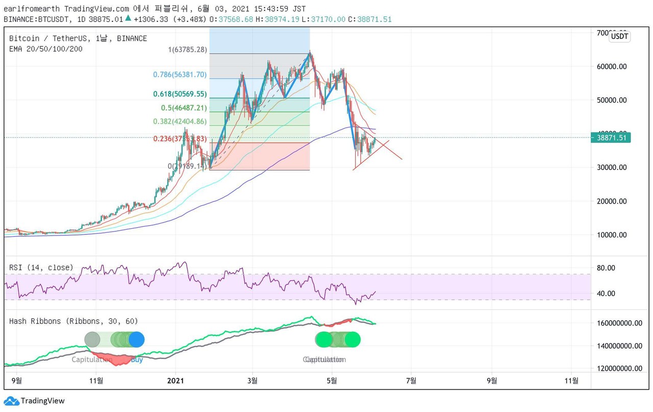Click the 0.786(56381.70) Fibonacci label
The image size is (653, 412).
click(x=180, y=75)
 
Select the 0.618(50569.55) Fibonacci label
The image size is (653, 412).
click(x=180, y=94)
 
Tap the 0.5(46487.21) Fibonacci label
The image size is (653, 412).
click(x=183, y=108)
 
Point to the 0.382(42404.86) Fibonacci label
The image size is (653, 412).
click(x=180, y=122)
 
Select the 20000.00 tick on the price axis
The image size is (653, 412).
click(x=611, y=201)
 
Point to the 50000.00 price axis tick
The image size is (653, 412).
click(x=611, y=100)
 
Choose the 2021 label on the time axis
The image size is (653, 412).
click(x=175, y=380)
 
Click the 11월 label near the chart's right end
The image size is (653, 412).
click(x=573, y=380)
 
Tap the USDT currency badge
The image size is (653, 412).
click(x=619, y=36)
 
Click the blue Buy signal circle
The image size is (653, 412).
click(x=136, y=340)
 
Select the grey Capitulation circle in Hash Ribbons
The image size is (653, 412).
click(x=92, y=340)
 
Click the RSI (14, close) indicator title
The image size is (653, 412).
click(x=41, y=268)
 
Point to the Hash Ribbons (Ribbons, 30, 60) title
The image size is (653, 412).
click(x=73, y=321)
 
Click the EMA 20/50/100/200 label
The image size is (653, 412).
click(x=45, y=49)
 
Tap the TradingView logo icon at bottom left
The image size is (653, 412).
click(x=11, y=401)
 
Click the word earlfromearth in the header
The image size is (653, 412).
click(x=32, y=9)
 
